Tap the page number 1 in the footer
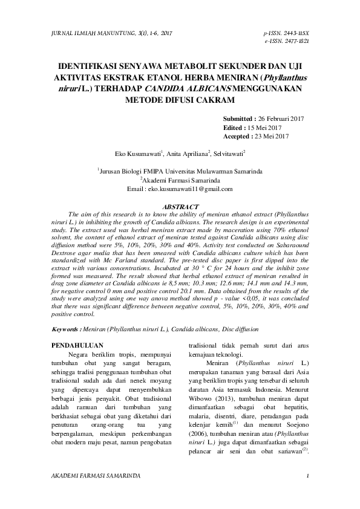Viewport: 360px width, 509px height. click(x=308, y=476)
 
